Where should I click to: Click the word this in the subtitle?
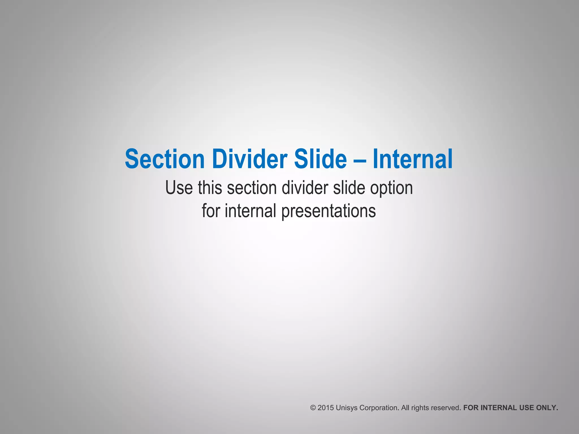click(x=210, y=188)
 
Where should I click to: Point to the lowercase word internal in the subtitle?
click(x=250, y=211)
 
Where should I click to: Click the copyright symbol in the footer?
click(x=313, y=408)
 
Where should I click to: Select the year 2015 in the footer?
click(x=325, y=408)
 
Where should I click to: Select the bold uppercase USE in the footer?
click(x=527, y=408)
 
